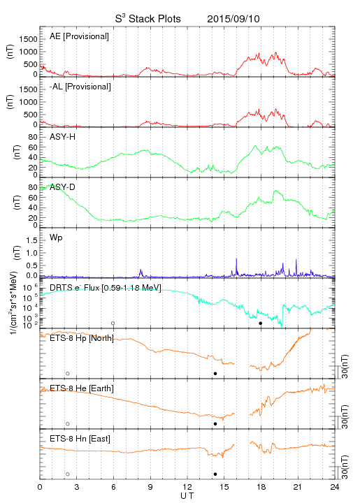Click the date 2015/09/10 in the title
(x=233, y=19)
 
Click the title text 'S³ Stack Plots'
(x=148, y=19)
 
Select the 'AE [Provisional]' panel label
(x=79, y=36)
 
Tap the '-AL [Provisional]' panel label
(x=80, y=87)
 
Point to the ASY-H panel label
(x=63, y=137)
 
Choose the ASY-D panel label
(x=63, y=187)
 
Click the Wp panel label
(x=56, y=238)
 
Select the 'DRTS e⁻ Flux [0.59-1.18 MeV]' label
(x=106, y=288)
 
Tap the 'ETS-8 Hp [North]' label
(x=82, y=338)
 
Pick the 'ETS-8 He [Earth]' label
(x=82, y=388)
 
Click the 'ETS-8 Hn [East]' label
(x=80, y=439)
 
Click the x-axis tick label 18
(x=261, y=487)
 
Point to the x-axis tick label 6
(x=113, y=487)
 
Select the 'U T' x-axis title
(x=187, y=496)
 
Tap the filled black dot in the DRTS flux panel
(x=261, y=323)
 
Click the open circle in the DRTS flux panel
(x=113, y=323)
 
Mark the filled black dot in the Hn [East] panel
(x=215, y=474)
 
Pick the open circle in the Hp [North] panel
(x=68, y=373)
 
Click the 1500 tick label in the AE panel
(x=28, y=39)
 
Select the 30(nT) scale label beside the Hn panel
(x=345, y=467)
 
